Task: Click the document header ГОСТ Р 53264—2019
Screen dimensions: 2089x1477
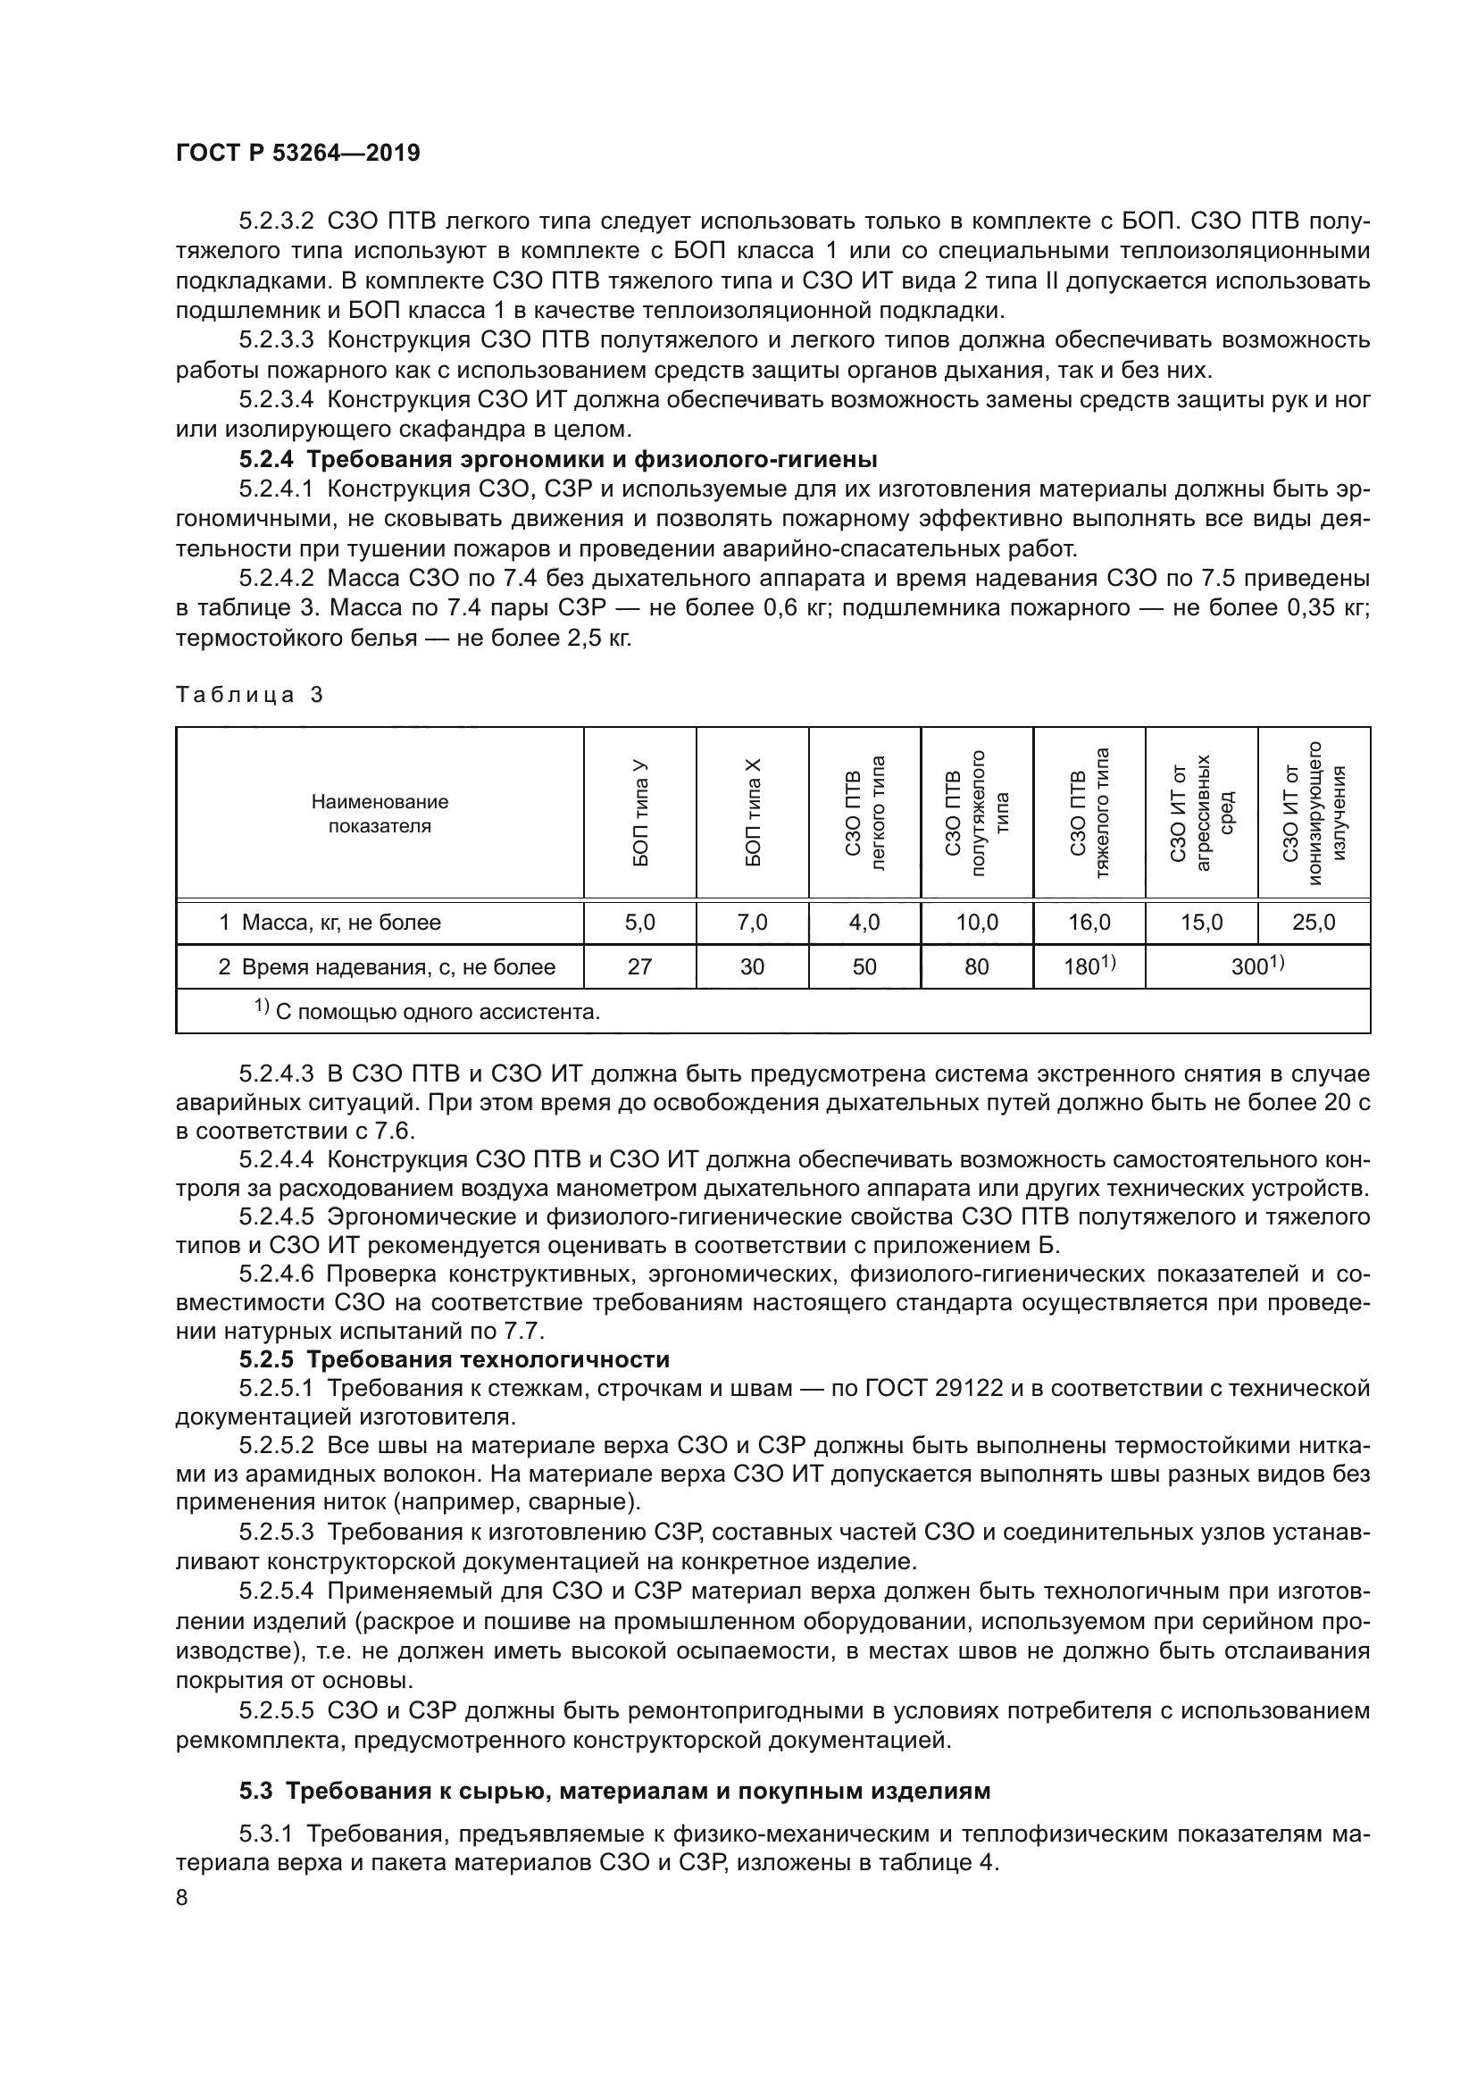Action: (297, 154)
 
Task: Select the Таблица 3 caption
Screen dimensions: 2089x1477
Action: (249, 695)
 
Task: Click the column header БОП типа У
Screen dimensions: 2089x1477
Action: (640, 813)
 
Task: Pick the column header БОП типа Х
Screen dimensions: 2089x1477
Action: (753, 813)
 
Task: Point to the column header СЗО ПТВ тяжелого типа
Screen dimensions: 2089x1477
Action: (1089, 813)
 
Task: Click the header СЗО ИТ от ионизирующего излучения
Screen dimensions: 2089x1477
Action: (1314, 813)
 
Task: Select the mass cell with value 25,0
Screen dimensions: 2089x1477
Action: (1314, 923)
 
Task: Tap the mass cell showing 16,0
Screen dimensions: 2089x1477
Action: (1089, 923)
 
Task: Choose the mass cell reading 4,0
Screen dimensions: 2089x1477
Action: (864, 923)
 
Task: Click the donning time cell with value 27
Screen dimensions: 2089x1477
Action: (639, 967)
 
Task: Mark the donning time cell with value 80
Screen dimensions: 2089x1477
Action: (977, 967)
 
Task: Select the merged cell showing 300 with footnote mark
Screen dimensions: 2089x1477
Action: (1257, 966)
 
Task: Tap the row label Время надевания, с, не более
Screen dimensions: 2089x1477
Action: (387, 967)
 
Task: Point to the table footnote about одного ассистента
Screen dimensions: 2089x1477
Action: (428, 1011)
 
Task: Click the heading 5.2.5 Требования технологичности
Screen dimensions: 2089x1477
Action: (455, 1359)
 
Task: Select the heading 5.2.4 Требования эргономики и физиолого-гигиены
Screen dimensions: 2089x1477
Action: (557, 458)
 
